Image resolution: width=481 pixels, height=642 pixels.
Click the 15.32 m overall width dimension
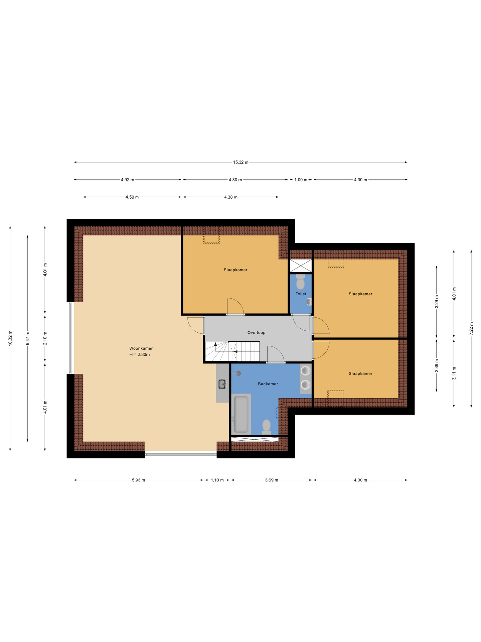[240, 162]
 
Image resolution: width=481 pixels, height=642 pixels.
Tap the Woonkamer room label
[141, 348]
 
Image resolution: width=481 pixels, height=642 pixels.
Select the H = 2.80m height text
[140, 354]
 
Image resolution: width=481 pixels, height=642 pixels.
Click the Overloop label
[256, 333]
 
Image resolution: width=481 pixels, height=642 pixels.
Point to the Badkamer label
[268, 384]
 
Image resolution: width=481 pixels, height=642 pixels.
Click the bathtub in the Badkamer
[240, 414]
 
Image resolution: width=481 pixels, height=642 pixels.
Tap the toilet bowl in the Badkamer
[266, 427]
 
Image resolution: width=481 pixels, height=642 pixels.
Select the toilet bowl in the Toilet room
[300, 283]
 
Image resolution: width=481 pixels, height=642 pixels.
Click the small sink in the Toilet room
[309, 302]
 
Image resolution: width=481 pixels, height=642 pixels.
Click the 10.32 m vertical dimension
[10, 338]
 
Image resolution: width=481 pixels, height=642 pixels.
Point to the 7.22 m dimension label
[471, 329]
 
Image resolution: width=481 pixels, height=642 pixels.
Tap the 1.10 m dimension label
[217, 480]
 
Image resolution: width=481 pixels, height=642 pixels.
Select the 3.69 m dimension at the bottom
[271, 480]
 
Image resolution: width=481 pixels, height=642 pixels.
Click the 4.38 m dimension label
[231, 197]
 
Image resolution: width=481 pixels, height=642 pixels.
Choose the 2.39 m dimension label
[437, 365]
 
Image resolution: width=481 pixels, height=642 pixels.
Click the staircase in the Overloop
[232, 351]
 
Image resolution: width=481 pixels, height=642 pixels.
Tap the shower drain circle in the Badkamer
[238, 373]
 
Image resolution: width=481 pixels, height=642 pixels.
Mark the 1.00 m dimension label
[301, 180]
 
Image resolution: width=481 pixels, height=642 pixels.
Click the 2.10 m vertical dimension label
[45, 338]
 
